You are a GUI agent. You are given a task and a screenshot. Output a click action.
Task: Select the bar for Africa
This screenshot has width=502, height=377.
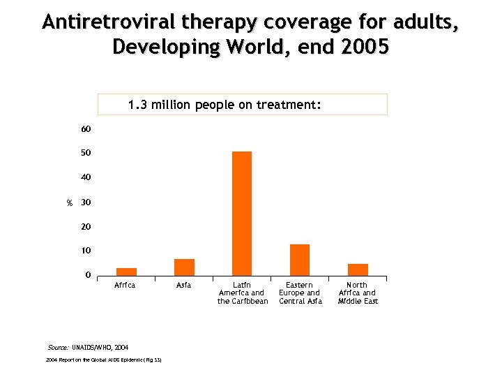(126, 272)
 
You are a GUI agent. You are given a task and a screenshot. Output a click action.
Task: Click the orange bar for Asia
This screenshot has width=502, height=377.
(184, 267)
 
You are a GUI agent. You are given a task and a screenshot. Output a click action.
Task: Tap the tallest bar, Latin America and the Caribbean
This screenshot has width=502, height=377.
(242, 214)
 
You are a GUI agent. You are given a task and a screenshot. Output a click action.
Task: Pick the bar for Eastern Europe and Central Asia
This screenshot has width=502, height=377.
(300, 260)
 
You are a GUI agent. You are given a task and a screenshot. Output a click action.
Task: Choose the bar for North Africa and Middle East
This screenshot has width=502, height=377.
(358, 269)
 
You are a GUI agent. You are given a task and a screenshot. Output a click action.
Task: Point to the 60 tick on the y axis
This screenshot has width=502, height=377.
(86, 129)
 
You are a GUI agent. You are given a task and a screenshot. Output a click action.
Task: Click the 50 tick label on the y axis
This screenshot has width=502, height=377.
(86, 153)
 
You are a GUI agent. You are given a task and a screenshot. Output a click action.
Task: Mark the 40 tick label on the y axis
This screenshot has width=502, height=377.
(86, 177)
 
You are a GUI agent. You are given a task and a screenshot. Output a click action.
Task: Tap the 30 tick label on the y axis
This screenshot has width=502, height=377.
(86, 202)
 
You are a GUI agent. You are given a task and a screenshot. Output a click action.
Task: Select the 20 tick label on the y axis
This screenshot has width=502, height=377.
(86, 227)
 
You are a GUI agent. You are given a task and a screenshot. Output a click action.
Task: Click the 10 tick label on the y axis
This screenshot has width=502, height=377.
(86, 251)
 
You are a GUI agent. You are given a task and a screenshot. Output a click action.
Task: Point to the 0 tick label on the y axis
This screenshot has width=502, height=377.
(88, 275)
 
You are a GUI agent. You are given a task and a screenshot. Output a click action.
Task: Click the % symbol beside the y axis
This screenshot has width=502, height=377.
(69, 203)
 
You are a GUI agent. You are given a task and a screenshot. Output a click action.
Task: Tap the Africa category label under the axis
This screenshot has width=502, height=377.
(125, 286)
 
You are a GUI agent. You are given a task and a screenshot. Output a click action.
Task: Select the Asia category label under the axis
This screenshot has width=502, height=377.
(184, 286)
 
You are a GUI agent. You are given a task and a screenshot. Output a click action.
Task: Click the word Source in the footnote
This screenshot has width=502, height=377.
(58, 347)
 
